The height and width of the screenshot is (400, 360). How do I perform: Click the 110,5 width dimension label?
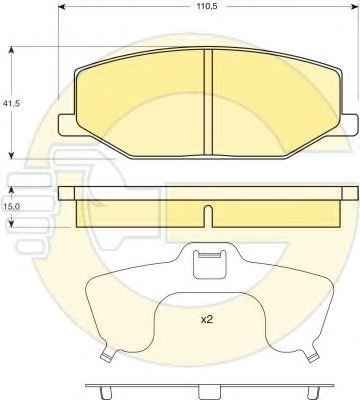[x=207, y=6]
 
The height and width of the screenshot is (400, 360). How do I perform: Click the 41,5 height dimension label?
[x=11, y=103]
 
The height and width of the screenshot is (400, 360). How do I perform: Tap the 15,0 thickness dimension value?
[x=11, y=207]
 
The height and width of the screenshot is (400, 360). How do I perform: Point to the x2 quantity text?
[x=207, y=320]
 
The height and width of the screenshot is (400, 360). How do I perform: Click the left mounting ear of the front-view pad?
[x=68, y=125]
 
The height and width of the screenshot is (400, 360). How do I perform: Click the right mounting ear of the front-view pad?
[x=350, y=125]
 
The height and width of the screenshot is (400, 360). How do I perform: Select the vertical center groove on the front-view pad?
[x=208, y=102]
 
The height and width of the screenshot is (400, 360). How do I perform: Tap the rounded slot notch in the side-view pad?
[x=208, y=216]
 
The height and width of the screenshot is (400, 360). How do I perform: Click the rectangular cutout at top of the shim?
[x=210, y=264]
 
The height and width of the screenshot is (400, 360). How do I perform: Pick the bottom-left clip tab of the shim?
[x=108, y=357]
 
